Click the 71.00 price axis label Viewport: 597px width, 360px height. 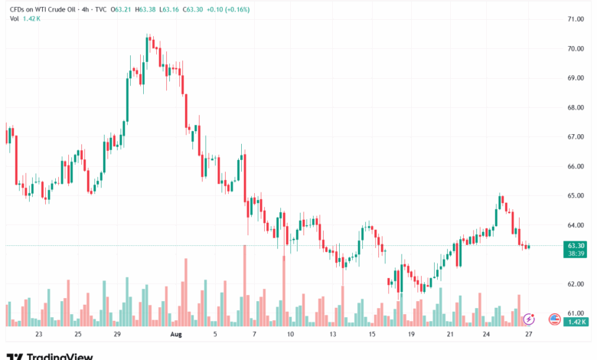[x=576, y=18]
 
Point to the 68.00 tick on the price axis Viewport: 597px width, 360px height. [x=576, y=107]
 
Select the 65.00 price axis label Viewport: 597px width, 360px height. [x=576, y=195]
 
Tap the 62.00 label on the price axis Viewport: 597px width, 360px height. [x=576, y=283]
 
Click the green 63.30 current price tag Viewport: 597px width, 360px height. [x=576, y=245]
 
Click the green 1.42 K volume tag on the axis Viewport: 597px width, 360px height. [x=576, y=322]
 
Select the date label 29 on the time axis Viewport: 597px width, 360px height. [x=117, y=335]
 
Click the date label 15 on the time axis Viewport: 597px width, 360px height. [x=371, y=335]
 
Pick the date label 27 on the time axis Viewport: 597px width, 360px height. [x=529, y=335]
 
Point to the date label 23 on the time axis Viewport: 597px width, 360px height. [x=38, y=335]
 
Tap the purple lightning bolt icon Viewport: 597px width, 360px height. [x=528, y=318]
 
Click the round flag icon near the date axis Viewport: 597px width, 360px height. [x=556, y=318]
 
